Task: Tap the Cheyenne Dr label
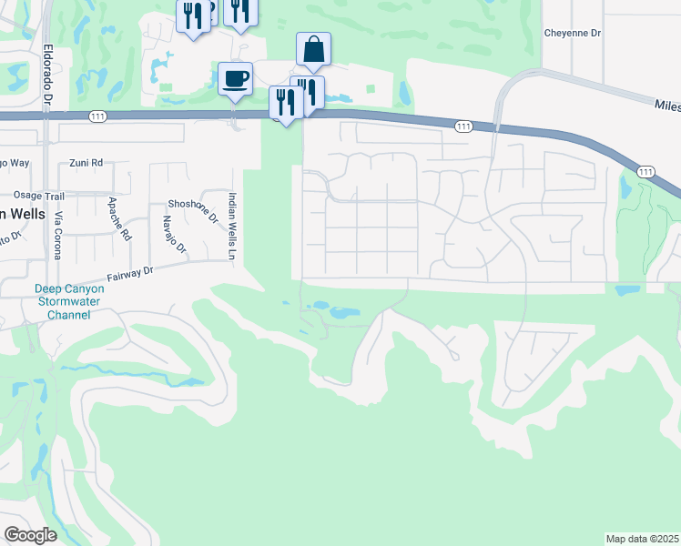click(x=573, y=33)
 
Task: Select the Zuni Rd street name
click(x=86, y=164)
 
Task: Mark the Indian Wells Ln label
click(x=232, y=215)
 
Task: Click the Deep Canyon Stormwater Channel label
click(x=57, y=301)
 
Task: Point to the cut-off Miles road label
click(x=666, y=106)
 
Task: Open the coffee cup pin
click(x=235, y=79)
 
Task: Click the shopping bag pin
click(x=313, y=50)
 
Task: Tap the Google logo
click(x=30, y=534)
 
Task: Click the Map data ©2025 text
click(x=642, y=538)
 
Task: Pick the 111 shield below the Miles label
click(x=645, y=171)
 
